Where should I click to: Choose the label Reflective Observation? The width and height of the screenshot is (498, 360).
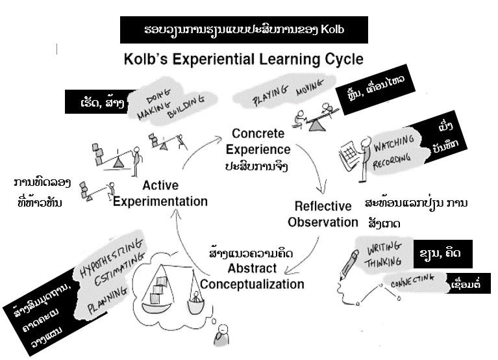(323, 214)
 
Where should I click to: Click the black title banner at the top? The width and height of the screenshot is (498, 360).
(243, 31)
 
